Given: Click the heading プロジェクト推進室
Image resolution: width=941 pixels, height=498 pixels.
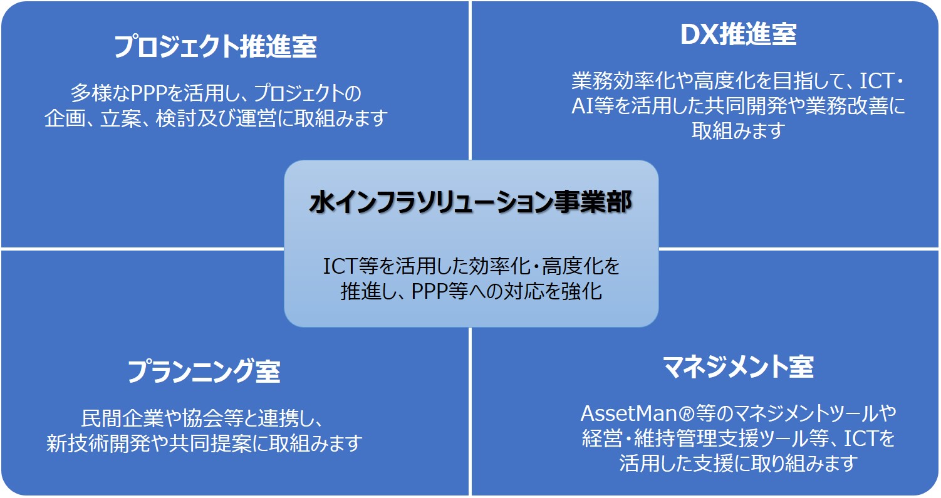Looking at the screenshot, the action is click(x=216, y=46).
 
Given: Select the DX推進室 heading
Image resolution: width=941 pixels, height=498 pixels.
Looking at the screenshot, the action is click(x=738, y=34).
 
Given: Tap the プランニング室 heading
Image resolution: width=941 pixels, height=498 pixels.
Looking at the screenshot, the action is click(x=204, y=371).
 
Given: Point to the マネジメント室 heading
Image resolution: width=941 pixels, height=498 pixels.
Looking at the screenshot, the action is click(x=738, y=367).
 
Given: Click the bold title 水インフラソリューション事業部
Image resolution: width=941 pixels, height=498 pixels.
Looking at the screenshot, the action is click(x=470, y=202).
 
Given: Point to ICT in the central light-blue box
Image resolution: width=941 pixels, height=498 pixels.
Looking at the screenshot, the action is click(x=340, y=266).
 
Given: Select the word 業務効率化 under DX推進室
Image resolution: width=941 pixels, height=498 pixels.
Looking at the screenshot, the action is click(x=621, y=81).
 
